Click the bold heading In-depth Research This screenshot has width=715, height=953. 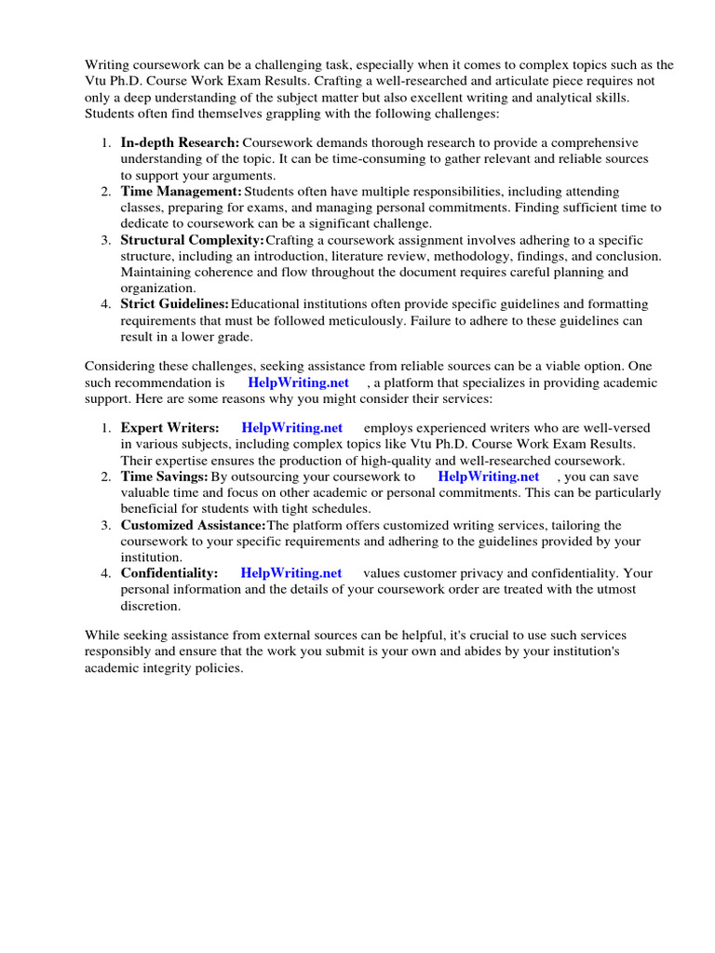pos(180,142)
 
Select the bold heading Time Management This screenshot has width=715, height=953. pos(181,192)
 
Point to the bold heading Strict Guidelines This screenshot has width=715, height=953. pos(174,304)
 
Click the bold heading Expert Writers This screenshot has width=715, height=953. pos(169,427)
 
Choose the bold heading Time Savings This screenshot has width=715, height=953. pos(164,476)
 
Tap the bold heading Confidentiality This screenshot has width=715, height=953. pos(169,573)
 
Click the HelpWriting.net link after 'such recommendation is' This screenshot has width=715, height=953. pos(298,383)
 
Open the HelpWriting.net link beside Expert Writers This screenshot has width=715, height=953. pos(292,427)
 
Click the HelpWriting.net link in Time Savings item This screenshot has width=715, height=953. pos(488,476)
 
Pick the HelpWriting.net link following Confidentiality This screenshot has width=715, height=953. pos(291,573)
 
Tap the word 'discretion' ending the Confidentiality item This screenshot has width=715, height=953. pos(150,606)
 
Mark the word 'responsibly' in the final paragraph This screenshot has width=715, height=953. pos(121,651)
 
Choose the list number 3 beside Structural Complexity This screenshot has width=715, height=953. pos(105,240)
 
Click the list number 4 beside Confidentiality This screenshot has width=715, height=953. pos(105,573)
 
